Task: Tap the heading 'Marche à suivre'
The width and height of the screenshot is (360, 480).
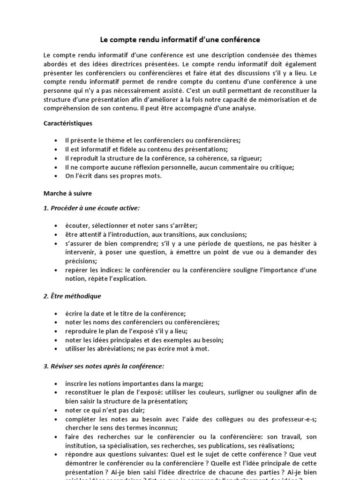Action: tap(67, 193)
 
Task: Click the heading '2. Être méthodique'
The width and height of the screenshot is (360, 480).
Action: tap(72, 296)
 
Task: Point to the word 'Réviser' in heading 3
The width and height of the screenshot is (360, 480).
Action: tap(62, 366)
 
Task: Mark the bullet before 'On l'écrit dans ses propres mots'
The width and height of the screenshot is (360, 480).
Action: tap(56, 176)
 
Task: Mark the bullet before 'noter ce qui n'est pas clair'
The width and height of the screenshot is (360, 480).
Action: tap(56, 410)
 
